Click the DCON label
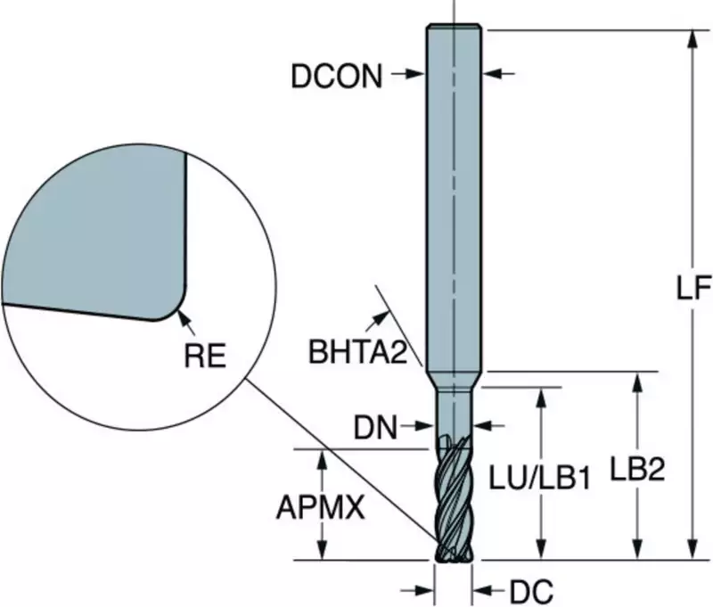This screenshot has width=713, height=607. tap(337, 77)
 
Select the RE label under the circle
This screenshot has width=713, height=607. tap(205, 357)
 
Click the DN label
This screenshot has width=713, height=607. tap(374, 429)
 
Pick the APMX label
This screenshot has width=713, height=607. tap(320, 509)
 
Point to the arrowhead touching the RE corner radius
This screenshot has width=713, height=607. tap(182, 311)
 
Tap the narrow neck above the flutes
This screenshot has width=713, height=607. tap(454, 410)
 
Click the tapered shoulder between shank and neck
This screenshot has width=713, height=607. tap(454, 379)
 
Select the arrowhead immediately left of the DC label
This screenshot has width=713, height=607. tap(481, 589)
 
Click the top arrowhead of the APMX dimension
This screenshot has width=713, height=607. tap(323, 455)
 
